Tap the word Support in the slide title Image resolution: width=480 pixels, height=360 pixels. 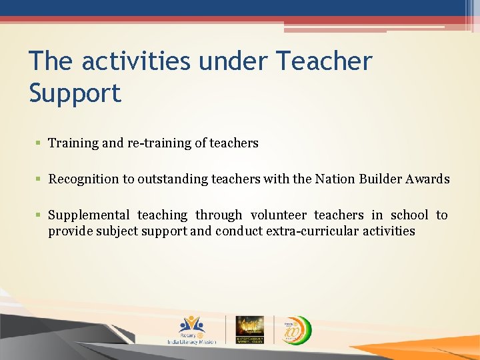pyautogui.click(x=75, y=93)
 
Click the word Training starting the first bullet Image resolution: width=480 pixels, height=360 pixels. pyautogui.click(x=73, y=143)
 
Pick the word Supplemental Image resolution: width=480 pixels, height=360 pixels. pyautogui.click(x=89, y=215)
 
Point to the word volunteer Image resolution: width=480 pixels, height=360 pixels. pyautogui.click(x=279, y=215)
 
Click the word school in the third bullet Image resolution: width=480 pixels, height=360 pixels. pyautogui.click(x=409, y=215)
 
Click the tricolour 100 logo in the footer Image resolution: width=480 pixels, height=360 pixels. pyautogui.click(x=294, y=329)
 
